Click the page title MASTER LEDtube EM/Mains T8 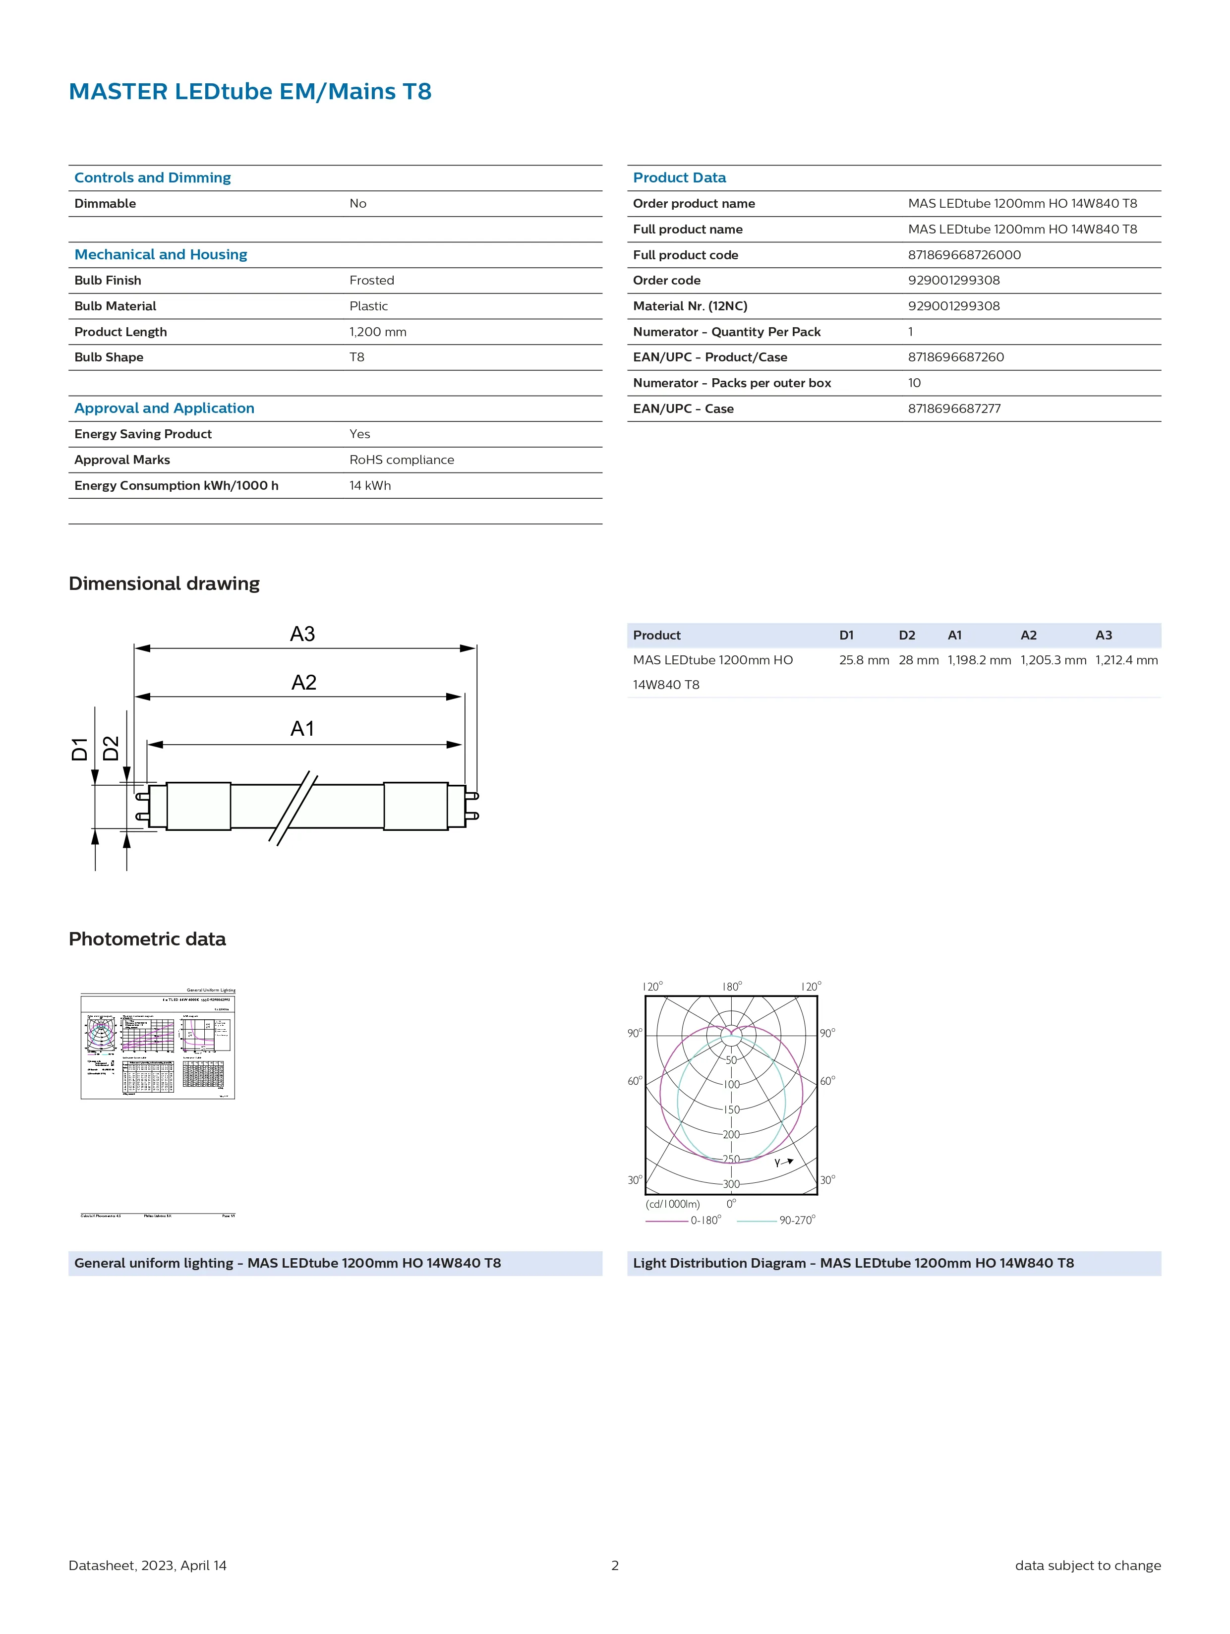250,92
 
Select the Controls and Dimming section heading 152,178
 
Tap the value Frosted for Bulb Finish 372,281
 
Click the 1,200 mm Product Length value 377,332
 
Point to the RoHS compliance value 401,460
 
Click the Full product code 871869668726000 964,255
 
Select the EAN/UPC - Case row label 683,408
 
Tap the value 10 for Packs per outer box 914,383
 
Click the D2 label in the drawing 111,748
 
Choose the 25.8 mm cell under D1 864,660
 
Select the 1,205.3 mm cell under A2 1053,660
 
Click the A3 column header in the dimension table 1103,635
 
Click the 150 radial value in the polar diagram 731,1109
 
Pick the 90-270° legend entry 796,1221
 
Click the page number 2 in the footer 615,1565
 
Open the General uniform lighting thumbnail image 157,1045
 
